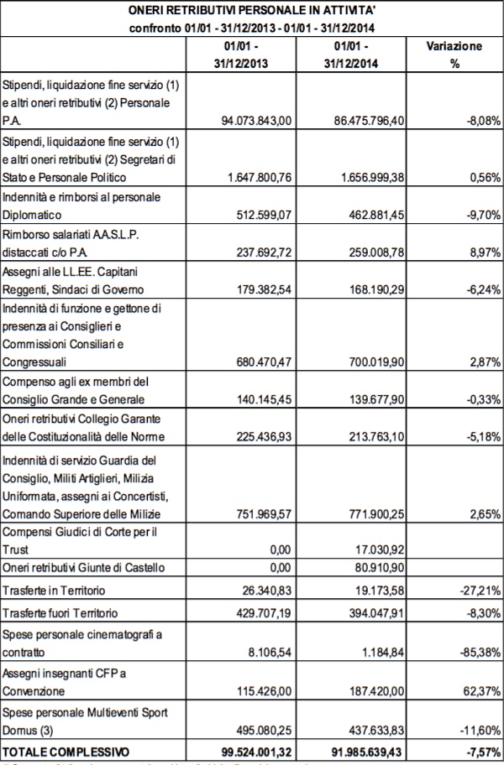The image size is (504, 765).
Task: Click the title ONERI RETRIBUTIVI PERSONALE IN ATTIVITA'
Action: pos(250,10)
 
